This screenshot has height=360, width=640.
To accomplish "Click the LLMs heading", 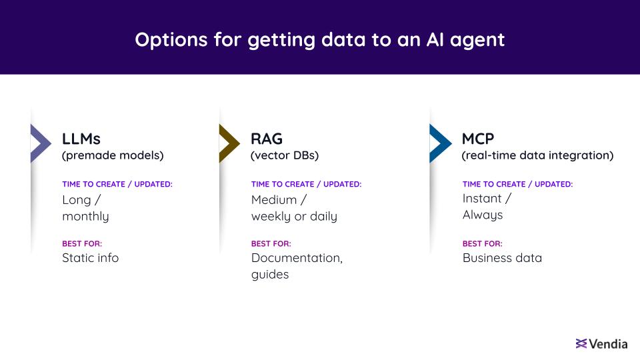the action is pyautogui.click(x=81, y=139).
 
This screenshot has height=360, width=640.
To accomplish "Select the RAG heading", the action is pyautogui.click(x=267, y=139).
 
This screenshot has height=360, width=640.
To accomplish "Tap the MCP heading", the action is pyautogui.click(x=478, y=139).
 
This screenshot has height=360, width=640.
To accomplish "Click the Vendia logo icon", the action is pyautogui.click(x=581, y=344).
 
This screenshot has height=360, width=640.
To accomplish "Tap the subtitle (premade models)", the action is pyautogui.click(x=113, y=155).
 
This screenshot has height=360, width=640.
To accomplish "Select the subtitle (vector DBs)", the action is pyautogui.click(x=285, y=155).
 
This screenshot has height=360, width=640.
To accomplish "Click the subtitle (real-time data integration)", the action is pyautogui.click(x=537, y=155).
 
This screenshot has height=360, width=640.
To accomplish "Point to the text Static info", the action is pyautogui.click(x=91, y=258).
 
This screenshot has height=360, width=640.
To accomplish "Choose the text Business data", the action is pyautogui.click(x=503, y=258).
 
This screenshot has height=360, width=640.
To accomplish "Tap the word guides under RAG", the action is pyautogui.click(x=270, y=275).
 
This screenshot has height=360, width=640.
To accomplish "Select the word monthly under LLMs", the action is pyautogui.click(x=86, y=217).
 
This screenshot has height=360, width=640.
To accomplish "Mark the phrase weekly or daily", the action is pyautogui.click(x=294, y=217).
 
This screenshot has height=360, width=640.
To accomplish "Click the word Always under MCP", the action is pyautogui.click(x=483, y=215).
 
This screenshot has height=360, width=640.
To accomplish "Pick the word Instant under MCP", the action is pyautogui.click(x=482, y=199).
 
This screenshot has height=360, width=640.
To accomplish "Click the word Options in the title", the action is pyautogui.click(x=171, y=40).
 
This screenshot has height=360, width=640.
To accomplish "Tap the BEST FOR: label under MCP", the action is pyautogui.click(x=483, y=244).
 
